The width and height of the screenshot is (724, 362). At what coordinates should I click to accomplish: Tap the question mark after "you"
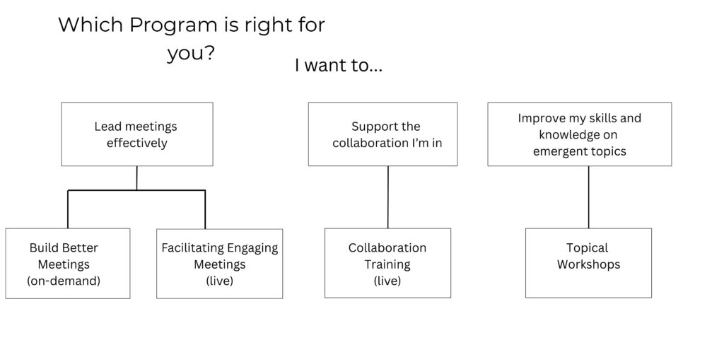tap(209, 53)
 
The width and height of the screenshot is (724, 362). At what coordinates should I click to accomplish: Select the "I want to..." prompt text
tap(339, 66)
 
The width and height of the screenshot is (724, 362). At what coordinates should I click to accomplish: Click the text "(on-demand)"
tap(64, 281)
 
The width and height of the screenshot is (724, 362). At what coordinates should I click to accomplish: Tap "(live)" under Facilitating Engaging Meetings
tap(220, 281)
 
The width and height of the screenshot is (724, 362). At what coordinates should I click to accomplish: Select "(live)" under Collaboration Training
tap(387, 281)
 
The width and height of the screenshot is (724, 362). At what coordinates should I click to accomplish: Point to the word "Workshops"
tap(588, 264)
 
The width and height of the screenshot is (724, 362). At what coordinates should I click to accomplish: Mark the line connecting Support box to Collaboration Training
tap(388, 197)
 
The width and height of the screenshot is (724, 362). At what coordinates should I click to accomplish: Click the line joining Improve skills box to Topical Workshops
tap(589, 197)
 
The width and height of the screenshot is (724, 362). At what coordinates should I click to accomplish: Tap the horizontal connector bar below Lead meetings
tap(136, 190)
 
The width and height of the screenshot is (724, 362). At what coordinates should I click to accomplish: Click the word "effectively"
tap(137, 143)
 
